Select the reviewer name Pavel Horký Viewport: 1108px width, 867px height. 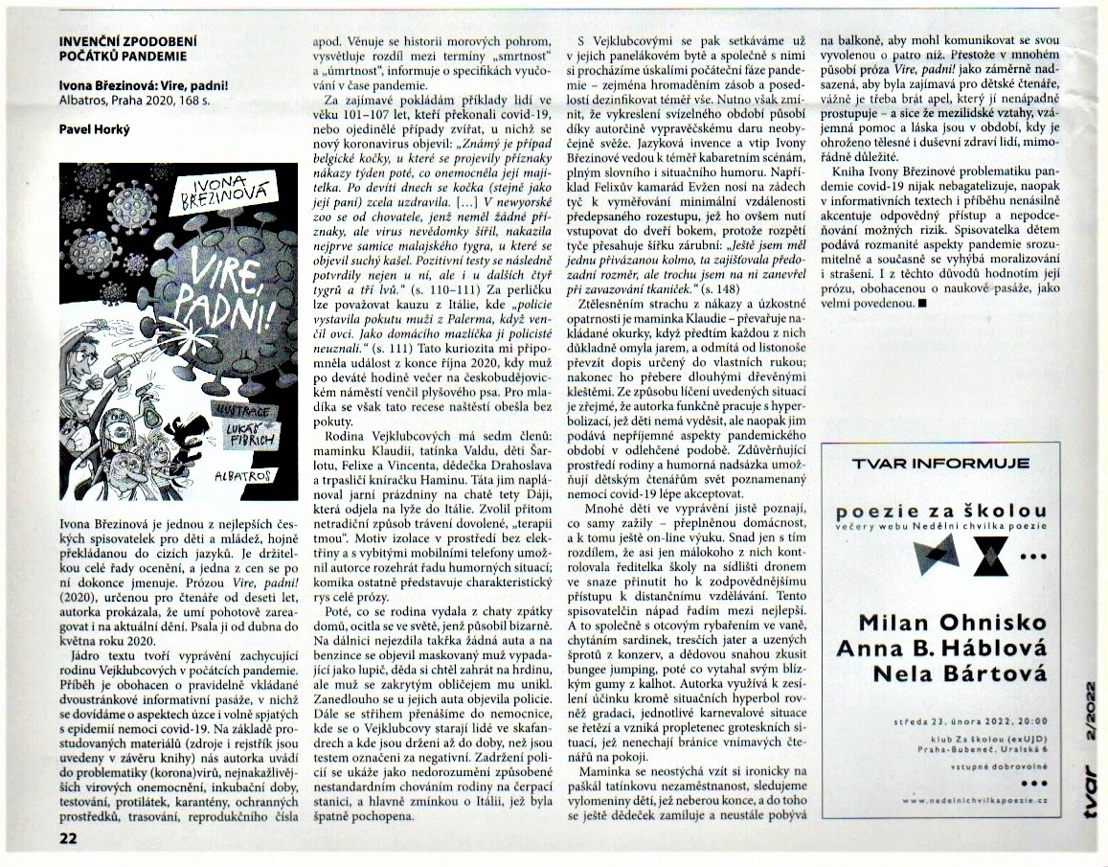(94, 128)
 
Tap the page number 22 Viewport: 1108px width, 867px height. (69, 839)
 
